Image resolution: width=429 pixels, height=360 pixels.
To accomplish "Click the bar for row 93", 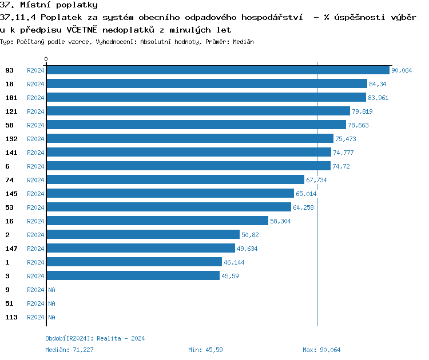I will [x=218, y=70].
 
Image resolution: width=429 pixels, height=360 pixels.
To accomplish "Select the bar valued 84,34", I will [x=206, y=83].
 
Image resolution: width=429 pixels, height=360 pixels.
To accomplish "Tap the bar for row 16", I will [x=157, y=221].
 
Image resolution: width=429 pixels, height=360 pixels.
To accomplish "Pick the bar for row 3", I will [x=133, y=275].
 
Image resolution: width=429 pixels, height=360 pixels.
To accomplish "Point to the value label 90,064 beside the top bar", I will [x=402, y=70].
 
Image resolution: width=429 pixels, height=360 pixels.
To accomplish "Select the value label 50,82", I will [x=251, y=235].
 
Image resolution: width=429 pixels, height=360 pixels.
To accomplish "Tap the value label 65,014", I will [x=306, y=194].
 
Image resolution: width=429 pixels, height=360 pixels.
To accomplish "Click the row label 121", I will [x=11, y=111].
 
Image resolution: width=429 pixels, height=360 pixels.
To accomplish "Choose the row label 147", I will [x=11, y=249].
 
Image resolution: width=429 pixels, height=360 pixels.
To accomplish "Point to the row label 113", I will [x=11, y=317].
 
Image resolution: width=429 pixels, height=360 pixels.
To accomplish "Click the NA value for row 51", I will [x=51, y=303].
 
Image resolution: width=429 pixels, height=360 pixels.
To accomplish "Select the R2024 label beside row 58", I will [x=35, y=125].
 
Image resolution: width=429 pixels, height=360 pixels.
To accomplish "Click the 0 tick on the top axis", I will [x=46, y=59].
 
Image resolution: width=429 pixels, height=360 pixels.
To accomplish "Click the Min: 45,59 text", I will [x=205, y=350].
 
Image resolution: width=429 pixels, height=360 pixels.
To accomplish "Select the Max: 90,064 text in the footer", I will [x=321, y=350].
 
